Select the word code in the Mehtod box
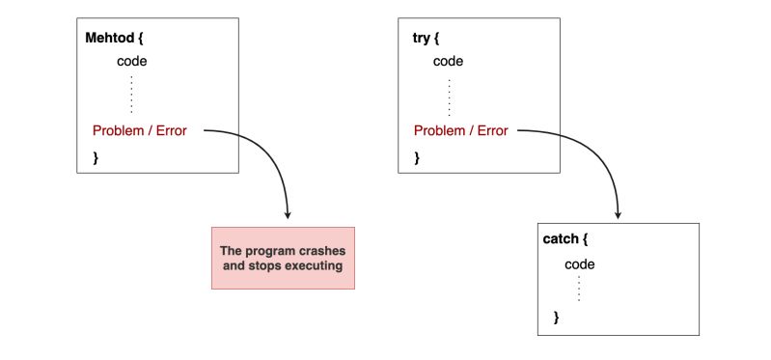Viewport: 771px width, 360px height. point(132,62)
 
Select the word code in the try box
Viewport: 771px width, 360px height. point(449,62)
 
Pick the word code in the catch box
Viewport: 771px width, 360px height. point(579,264)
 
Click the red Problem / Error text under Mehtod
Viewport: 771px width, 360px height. point(140,131)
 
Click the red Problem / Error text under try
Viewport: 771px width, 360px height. point(462,131)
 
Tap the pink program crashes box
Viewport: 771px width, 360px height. point(283,258)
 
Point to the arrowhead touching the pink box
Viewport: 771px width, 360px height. point(289,215)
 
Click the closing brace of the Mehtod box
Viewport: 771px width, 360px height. point(96,155)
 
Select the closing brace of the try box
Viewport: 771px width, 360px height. point(416,155)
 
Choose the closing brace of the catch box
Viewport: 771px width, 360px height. point(556,317)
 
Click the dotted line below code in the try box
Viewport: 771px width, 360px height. point(449,97)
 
